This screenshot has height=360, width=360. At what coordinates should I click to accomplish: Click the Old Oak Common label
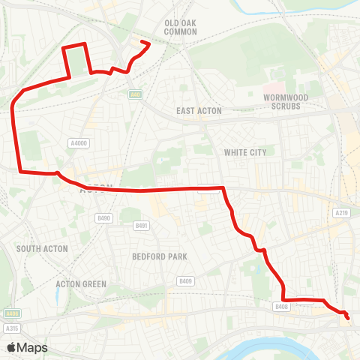pyautogui.click(x=180, y=27)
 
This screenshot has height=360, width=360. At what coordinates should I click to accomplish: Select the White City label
pyautogui.click(x=245, y=152)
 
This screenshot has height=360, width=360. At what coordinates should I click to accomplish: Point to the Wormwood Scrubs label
pyautogui.click(x=282, y=102)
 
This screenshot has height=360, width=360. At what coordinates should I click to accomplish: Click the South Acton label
pyautogui.click(x=42, y=248)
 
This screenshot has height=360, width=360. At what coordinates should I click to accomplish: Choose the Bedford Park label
pyautogui.click(x=160, y=256)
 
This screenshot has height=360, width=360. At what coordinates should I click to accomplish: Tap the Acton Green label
pyautogui.click(x=81, y=284)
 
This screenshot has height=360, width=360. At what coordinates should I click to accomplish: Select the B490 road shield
pyautogui.click(x=103, y=218)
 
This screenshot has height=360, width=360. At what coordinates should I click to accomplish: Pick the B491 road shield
pyautogui.click(x=140, y=225)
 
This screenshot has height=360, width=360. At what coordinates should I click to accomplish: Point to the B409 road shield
pyautogui.click(x=185, y=280)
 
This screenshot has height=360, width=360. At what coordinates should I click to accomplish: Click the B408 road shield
pyautogui.click(x=281, y=306)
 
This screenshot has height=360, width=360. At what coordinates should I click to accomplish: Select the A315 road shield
pyautogui.click(x=11, y=328)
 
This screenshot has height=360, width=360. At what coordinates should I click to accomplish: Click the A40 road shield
pyautogui.click(x=135, y=94)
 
